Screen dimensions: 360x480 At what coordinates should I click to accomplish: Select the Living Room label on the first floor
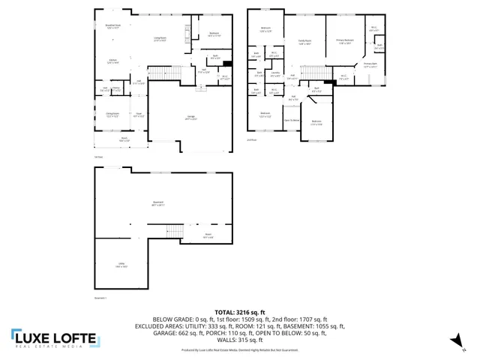(160, 38)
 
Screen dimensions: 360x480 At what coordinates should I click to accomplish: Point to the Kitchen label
(113, 61)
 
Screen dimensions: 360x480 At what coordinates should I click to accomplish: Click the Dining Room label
(112, 115)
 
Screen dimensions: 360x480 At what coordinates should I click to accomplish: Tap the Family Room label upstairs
(305, 42)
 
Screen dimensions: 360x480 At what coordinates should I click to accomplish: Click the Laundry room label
(275, 73)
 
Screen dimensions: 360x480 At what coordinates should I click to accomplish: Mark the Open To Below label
(291, 120)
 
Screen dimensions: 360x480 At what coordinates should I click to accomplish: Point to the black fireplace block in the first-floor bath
(229, 63)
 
